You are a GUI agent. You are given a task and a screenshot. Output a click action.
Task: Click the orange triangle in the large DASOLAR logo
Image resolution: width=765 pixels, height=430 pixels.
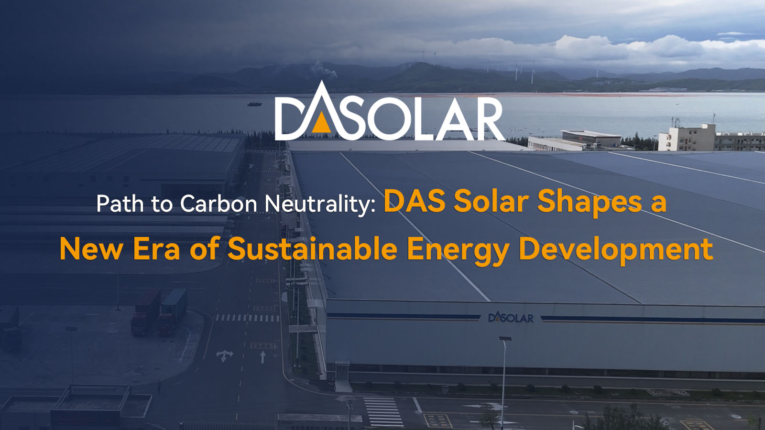[x=321, y=124]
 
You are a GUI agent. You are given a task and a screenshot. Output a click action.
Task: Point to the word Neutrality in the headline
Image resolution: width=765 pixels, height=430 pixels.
[x=320, y=204]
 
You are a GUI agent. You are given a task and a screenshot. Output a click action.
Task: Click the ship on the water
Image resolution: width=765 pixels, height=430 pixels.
[x=254, y=103]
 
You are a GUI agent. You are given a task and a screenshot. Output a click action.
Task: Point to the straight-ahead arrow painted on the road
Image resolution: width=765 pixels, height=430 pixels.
[x=262, y=357]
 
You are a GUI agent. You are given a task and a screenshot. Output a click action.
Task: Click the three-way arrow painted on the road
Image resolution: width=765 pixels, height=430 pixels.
[x=224, y=355]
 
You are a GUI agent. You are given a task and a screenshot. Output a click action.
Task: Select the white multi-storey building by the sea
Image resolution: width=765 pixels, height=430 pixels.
[x=687, y=137]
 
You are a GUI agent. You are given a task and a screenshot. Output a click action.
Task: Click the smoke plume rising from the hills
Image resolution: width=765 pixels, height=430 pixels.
[x=323, y=70]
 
